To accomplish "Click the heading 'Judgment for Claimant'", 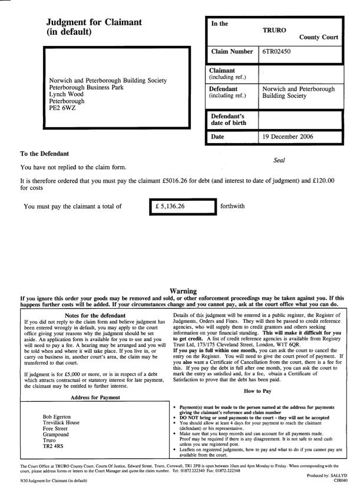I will (94, 22).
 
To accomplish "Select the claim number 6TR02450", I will (276, 52).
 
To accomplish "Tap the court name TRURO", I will (275, 28).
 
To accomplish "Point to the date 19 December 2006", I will (288, 137).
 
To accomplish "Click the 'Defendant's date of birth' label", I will (227, 120).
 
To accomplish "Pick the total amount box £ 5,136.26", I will (183, 207).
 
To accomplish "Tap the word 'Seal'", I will (280, 160).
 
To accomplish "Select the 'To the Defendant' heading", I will (45, 154).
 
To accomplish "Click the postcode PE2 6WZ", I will (62, 108).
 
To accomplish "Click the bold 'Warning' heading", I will (183, 291).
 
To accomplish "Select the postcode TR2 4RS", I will (54, 446).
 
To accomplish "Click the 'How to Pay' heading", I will (258, 391).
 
